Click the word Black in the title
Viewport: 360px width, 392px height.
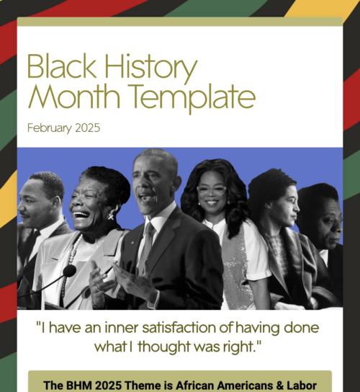(x=61, y=66)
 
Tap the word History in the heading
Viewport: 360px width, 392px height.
(x=151, y=68)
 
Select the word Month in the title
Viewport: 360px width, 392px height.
(x=74, y=97)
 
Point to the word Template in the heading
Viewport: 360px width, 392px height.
(x=192, y=99)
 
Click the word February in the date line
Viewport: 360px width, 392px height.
(x=50, y=128)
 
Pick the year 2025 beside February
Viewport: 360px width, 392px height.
(x=87, y=128)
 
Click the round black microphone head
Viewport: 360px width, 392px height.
(x=69, y=270)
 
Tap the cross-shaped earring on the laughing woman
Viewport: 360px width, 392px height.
(x=111, y=216)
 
